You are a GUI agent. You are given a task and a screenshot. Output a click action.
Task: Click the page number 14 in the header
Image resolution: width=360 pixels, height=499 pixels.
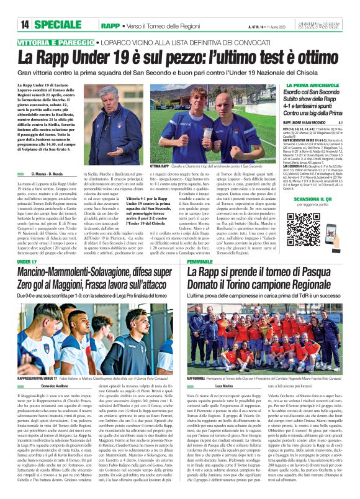25,25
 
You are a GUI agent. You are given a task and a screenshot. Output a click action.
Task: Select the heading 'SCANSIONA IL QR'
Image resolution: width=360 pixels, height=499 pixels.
305,216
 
